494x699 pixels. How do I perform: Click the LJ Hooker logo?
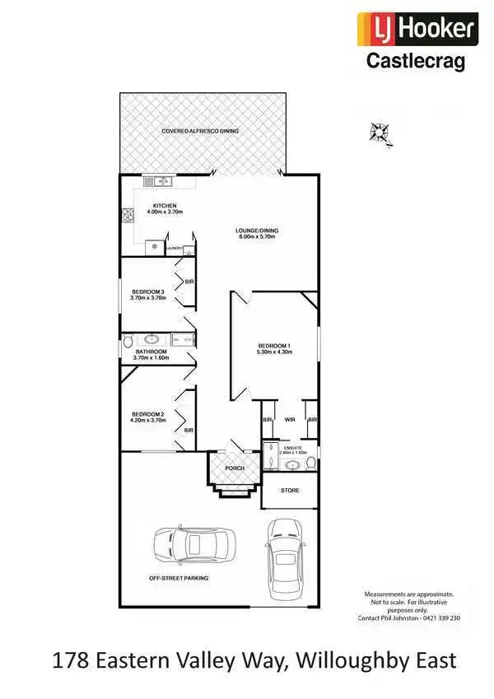(x=416, y=29)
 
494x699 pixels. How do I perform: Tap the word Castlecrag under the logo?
(x=416, y=60)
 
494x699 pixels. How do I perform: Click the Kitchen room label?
(x=165, y=206)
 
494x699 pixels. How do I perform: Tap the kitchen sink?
(x=156, y=180)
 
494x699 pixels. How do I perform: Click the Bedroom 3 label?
(x=148, y=291)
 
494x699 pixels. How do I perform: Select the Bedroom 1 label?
(x=274, y=345)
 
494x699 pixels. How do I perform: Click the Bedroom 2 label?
(x=148, y=414)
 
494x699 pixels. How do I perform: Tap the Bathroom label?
(x=151, y=352)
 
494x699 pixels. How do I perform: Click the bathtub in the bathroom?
(x=151, y=338)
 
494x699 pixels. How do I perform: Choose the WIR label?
(x=290, y=419)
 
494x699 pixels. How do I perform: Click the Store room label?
(x=290, y=491)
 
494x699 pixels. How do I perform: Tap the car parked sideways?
(x=194, y=543)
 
